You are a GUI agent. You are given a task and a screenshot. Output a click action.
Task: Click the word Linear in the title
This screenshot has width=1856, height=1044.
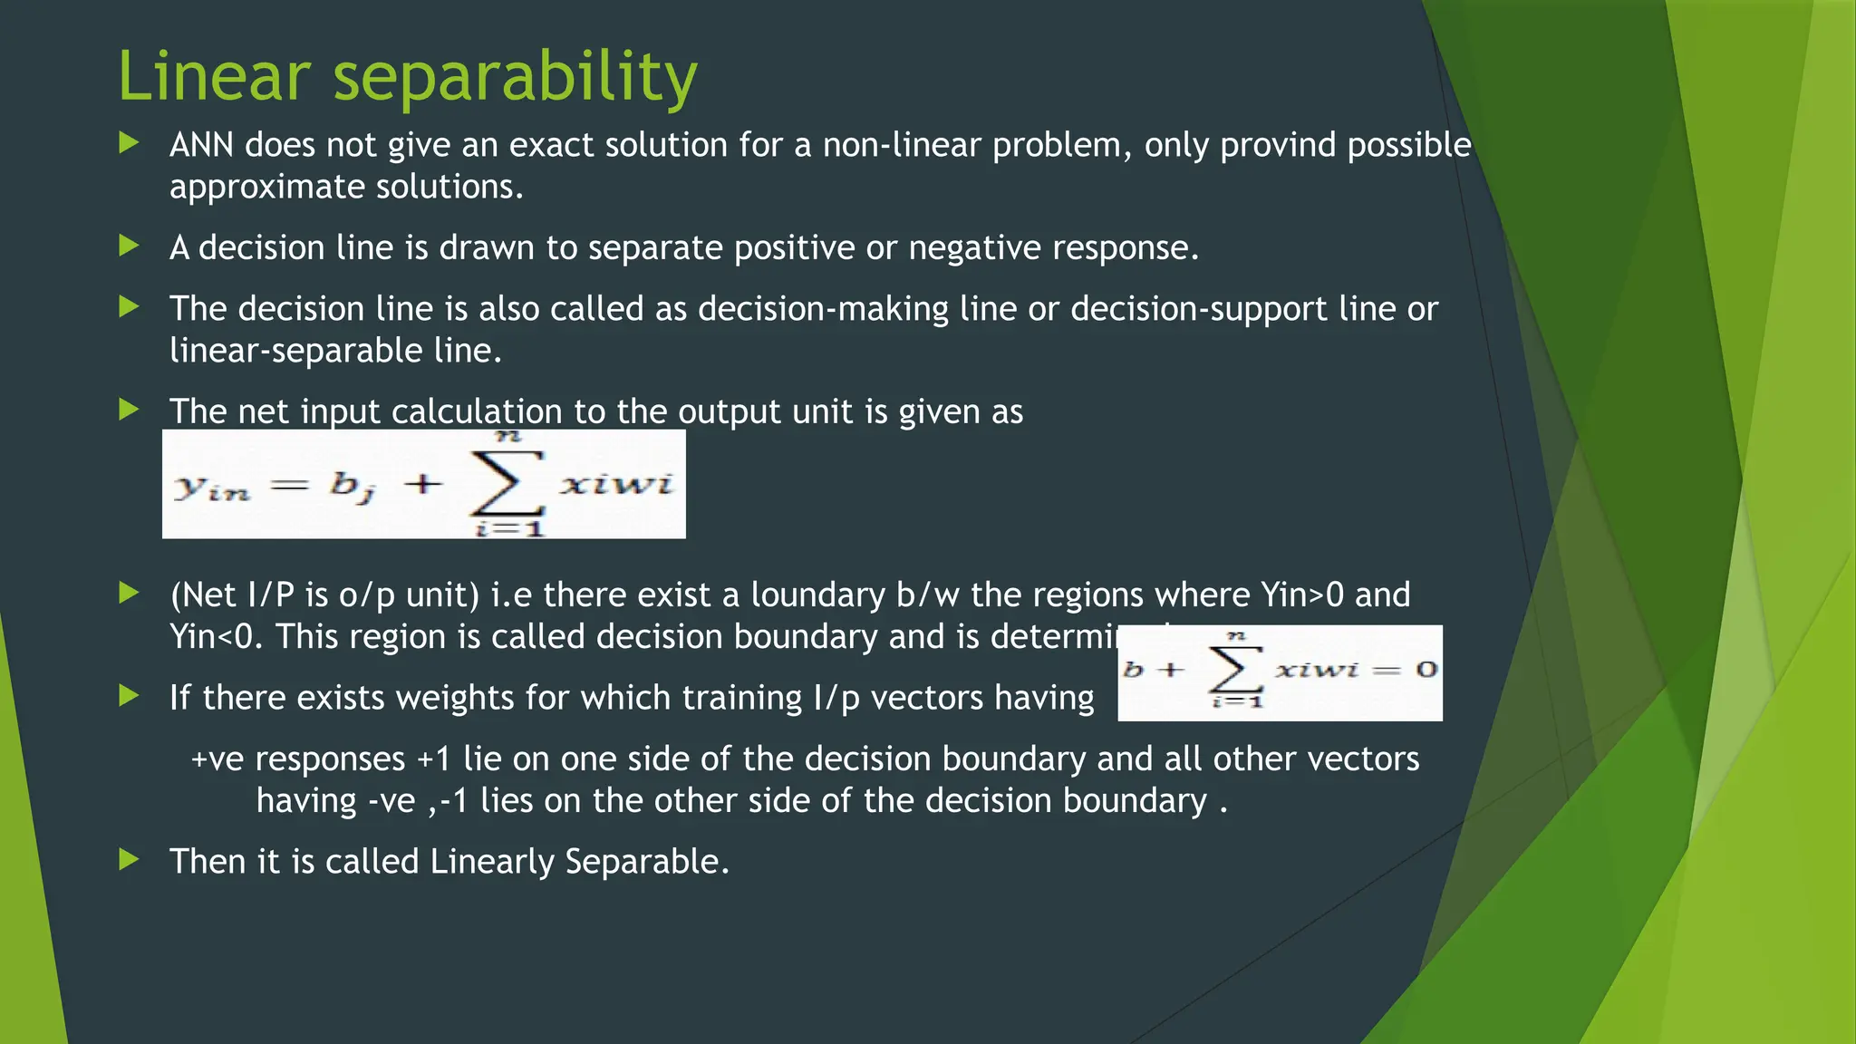point(214,76)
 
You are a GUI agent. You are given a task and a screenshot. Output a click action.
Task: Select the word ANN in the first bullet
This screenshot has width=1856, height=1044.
point(201,145)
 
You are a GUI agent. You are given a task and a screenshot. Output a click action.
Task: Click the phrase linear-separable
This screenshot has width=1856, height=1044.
point(295,352)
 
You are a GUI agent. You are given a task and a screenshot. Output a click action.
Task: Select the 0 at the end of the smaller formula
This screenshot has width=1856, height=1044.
point(1426,671)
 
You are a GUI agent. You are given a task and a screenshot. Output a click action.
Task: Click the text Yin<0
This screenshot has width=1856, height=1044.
point(216,637)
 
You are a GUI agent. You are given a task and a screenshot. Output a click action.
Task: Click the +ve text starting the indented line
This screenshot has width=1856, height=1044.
point(217,759)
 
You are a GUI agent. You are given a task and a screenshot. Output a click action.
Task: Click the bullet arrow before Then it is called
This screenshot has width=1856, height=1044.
point(130,860)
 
